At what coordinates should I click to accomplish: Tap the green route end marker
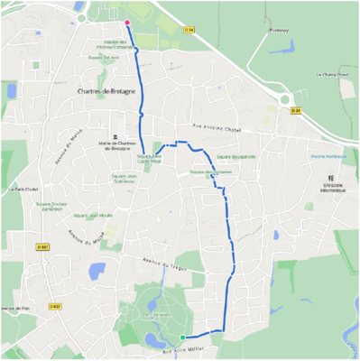pyautogui.click(x=183, y=338)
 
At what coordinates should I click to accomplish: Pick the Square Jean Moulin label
pyautogui.click(x=93, y=216)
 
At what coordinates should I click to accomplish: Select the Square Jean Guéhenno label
pyautogui.click(x=136, y=177)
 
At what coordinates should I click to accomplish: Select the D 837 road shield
pyautogui.click(x=42, y=246)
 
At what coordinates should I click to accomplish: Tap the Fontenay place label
pyautogui.click(x=279, y=30)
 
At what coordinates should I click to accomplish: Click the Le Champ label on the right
pyautogui.click(x=332, y=74)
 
